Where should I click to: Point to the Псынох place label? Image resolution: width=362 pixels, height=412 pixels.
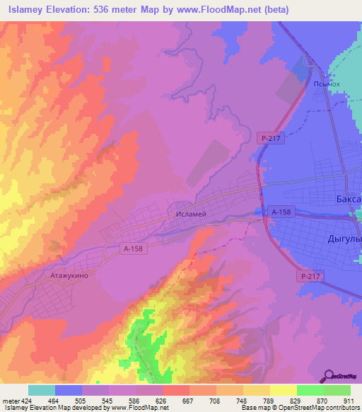[327, 83]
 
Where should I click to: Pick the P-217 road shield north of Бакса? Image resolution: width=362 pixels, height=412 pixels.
[271, 139]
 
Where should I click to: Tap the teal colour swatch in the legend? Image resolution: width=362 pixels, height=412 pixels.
[42, 390]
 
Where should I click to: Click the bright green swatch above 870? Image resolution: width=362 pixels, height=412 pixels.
[310, 390]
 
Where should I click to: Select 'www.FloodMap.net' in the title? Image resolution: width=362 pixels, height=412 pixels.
[220, 9]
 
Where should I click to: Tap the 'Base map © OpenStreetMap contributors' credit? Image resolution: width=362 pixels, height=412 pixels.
[300, 408]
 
